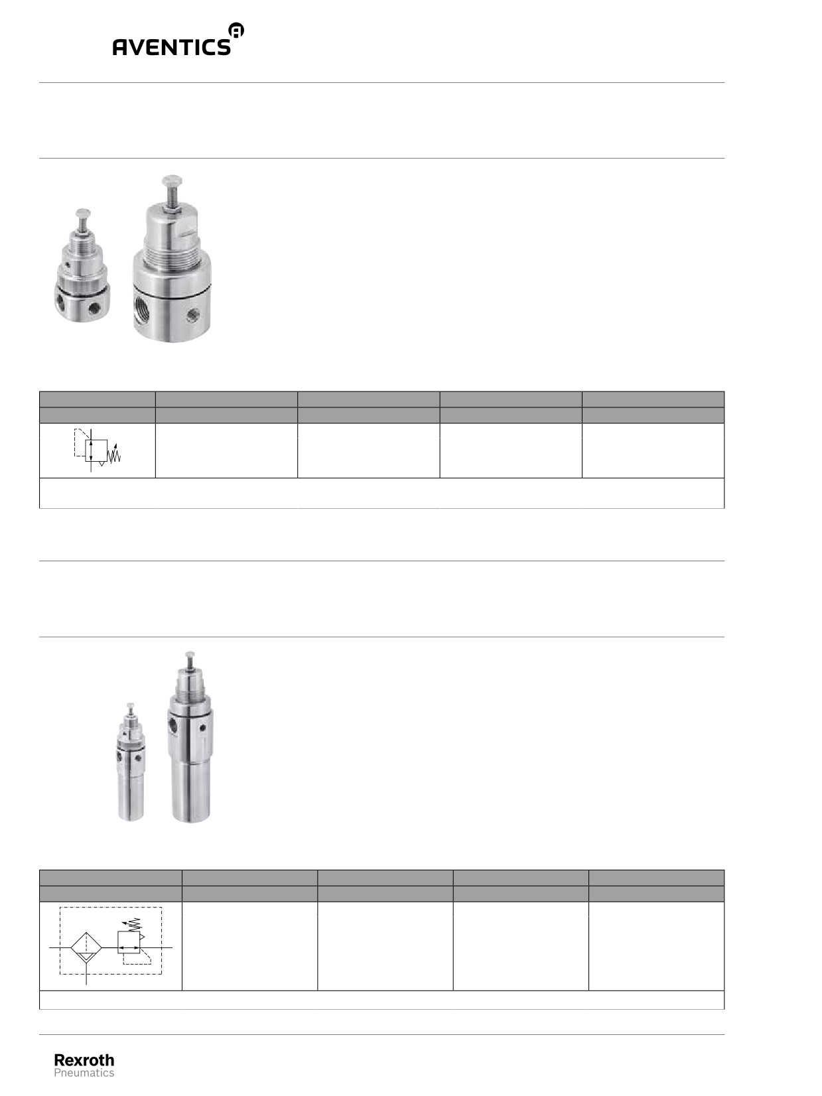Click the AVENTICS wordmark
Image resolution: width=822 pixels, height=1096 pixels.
(x=171, y=46)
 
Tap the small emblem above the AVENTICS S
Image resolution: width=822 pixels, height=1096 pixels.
(x=236, y=30)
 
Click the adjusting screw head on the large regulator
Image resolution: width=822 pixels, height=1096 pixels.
(x=172, y=180)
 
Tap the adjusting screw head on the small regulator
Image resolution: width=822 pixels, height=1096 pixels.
(x=83, y=213)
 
